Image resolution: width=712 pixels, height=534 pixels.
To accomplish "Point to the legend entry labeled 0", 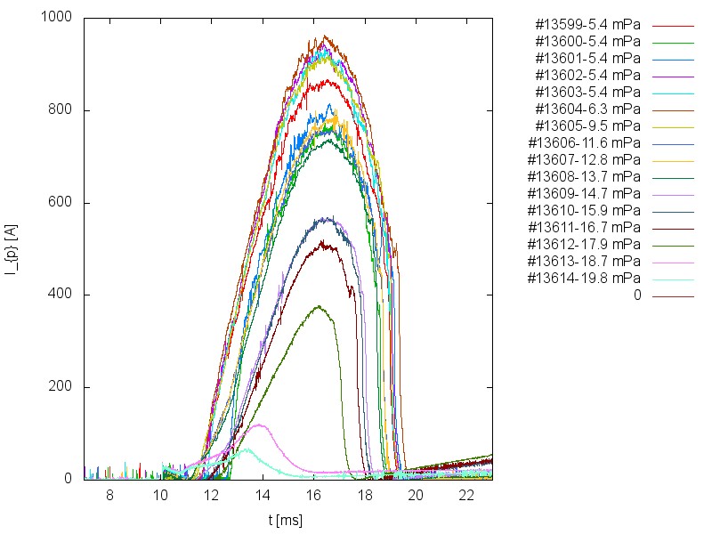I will [x=637, y=295].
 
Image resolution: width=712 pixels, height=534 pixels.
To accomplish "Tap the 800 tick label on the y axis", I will [x=62, y=110].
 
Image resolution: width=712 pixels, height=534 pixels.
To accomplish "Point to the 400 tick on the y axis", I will [x=62, y=295].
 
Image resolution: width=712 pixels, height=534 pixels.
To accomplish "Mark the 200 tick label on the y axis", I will [x=62, y=387].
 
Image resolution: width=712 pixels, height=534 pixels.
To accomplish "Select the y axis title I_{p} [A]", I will [x=12, y=248].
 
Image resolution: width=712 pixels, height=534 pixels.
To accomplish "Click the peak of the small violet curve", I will [x=260, y=425].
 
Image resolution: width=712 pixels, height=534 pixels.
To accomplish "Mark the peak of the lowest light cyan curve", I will [x=247, y=449].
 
